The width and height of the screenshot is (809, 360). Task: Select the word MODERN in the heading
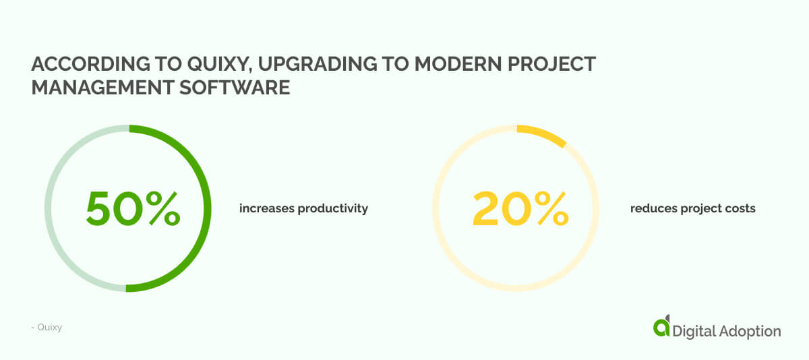pos(458,64)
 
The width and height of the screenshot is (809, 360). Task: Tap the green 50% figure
pos(133,208)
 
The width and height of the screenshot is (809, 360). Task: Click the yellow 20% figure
pos(520,208)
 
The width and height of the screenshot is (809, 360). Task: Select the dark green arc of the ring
pos(206,208)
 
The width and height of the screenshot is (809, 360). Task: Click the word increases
pos(264,208)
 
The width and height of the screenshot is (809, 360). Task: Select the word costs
pos(740,208)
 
